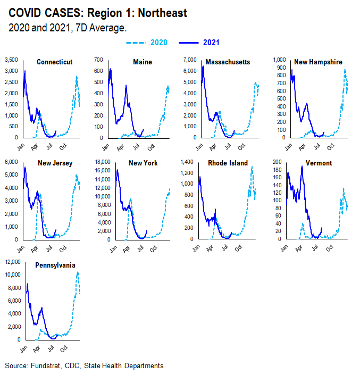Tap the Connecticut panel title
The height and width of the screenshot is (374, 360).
[55, 62]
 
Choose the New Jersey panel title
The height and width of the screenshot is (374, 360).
[56, 163]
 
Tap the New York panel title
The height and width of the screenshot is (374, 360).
[144, 163]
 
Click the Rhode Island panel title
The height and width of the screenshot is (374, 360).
[229, 163]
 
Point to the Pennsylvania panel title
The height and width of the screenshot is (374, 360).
[55, 265]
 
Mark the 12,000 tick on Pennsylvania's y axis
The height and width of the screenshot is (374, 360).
[12, 262]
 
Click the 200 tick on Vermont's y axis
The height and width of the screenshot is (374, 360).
[277, 162]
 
